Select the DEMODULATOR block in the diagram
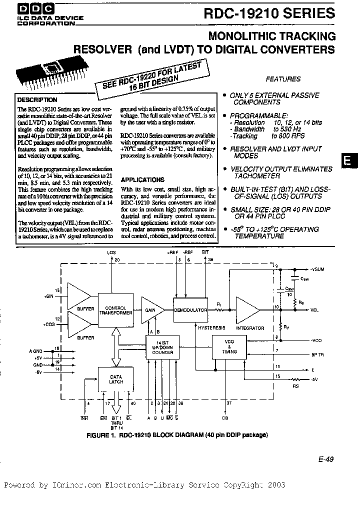click(x=190, y=310)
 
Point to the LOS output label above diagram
click(x=111, y=253)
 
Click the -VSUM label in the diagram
click(x=317, y=269)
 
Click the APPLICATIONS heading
click(x=142, y=179)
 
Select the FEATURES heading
click(x=283, y=78)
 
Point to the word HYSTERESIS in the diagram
click(x=211, y=327)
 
